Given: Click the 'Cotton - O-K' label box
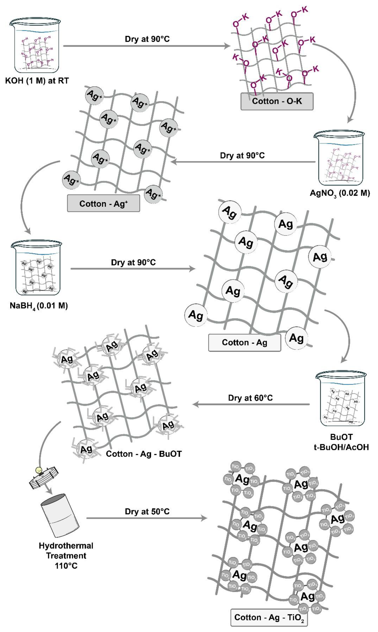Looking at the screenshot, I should click(277, 101).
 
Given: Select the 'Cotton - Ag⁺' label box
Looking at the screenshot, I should click(103, 203).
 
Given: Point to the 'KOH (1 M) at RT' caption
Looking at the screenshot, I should click(37, 81).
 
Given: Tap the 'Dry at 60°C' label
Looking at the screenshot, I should click(250, 398).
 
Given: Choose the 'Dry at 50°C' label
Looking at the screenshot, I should click(147, 511).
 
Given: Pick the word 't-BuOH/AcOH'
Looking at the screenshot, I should click(341, 447).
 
